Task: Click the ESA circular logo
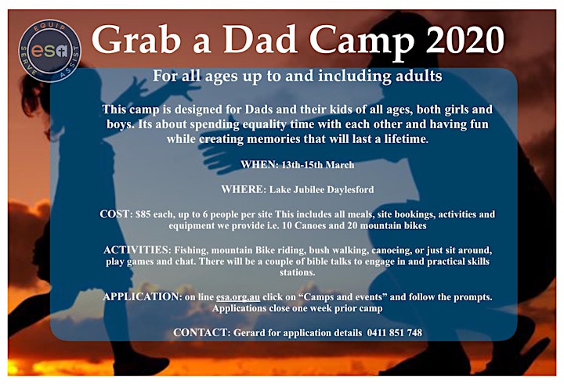pos(49,51)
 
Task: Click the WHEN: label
pos(259,165)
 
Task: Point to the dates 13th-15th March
pos(318,165)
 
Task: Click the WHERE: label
pos(244,189)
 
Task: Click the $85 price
pos(143,214)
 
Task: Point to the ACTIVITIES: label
pos(137,249)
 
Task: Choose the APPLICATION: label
pos(142,296)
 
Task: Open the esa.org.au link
pos(238,297)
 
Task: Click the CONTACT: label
pos(201,332)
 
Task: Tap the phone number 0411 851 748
pos(395,332)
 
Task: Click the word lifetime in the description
pos(406,138)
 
